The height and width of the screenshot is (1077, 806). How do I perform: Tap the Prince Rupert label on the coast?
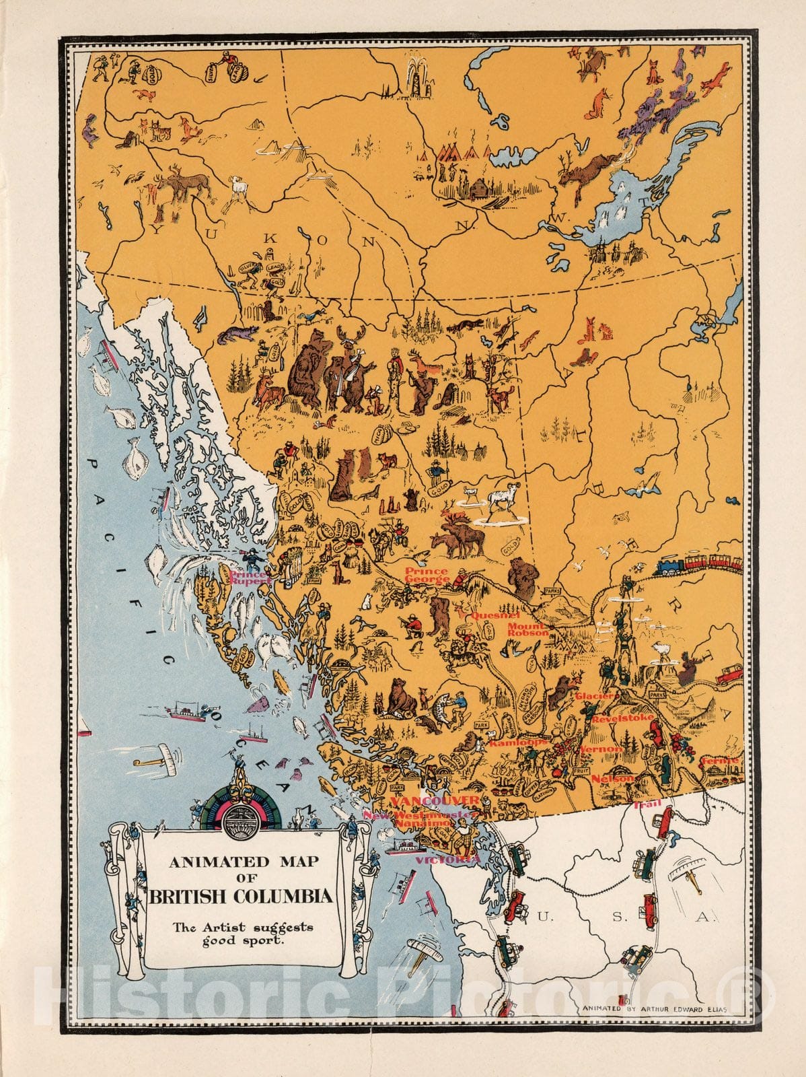tap(249, 578)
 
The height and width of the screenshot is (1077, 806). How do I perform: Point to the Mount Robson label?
tap(527, 629)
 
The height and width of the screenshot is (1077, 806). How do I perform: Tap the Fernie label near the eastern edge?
tap(719, 760)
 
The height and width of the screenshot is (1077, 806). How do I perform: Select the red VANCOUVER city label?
tap(435, 800)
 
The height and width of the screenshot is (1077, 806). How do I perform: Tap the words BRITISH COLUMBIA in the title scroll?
tap(241, 897)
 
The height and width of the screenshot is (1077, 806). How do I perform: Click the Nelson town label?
tap(612, 778)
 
